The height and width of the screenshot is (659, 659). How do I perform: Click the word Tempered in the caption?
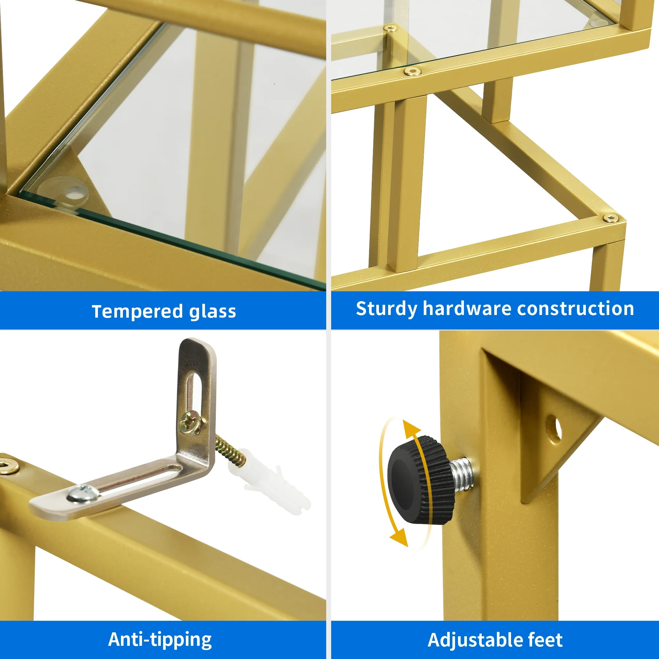point(137,311)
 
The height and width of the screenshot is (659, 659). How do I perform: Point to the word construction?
point(575,308)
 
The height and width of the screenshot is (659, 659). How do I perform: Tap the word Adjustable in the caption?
point(473,640)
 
